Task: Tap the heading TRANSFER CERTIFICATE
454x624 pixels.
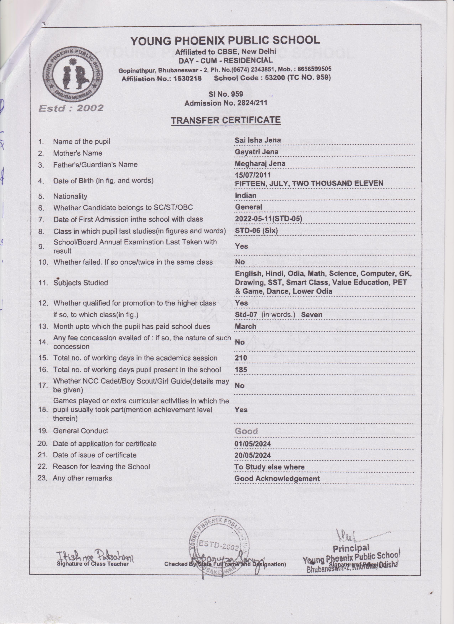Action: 226,120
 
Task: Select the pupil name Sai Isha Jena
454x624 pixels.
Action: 258,140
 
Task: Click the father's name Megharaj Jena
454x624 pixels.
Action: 260,163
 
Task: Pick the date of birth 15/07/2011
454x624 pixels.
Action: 253,175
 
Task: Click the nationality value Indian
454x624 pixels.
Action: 246,195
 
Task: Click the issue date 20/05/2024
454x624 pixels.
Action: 252,455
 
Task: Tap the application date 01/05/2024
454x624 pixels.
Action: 252,444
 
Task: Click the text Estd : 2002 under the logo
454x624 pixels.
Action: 71,108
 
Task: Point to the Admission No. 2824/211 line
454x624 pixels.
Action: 226,103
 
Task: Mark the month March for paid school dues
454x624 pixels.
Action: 246,327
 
